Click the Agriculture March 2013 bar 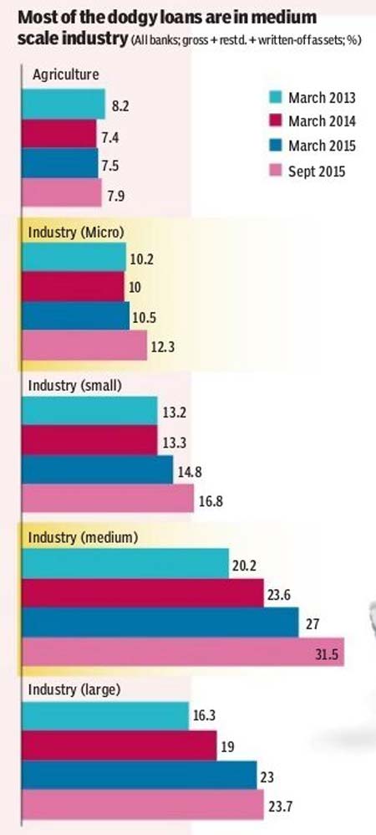coord(64,104)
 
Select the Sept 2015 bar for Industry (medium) coord(183,652)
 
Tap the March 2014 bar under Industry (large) coord(119,745)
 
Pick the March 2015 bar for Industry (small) coord(97,469)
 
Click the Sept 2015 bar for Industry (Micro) coord(84,345)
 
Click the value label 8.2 coord(120,105)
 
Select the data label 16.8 coord(209,500)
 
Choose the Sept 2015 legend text coord(317,172)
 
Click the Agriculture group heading coord(65,75)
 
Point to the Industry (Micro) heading coord(76,233)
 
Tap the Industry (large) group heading coord(74,691)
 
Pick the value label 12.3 coord(161,346)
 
